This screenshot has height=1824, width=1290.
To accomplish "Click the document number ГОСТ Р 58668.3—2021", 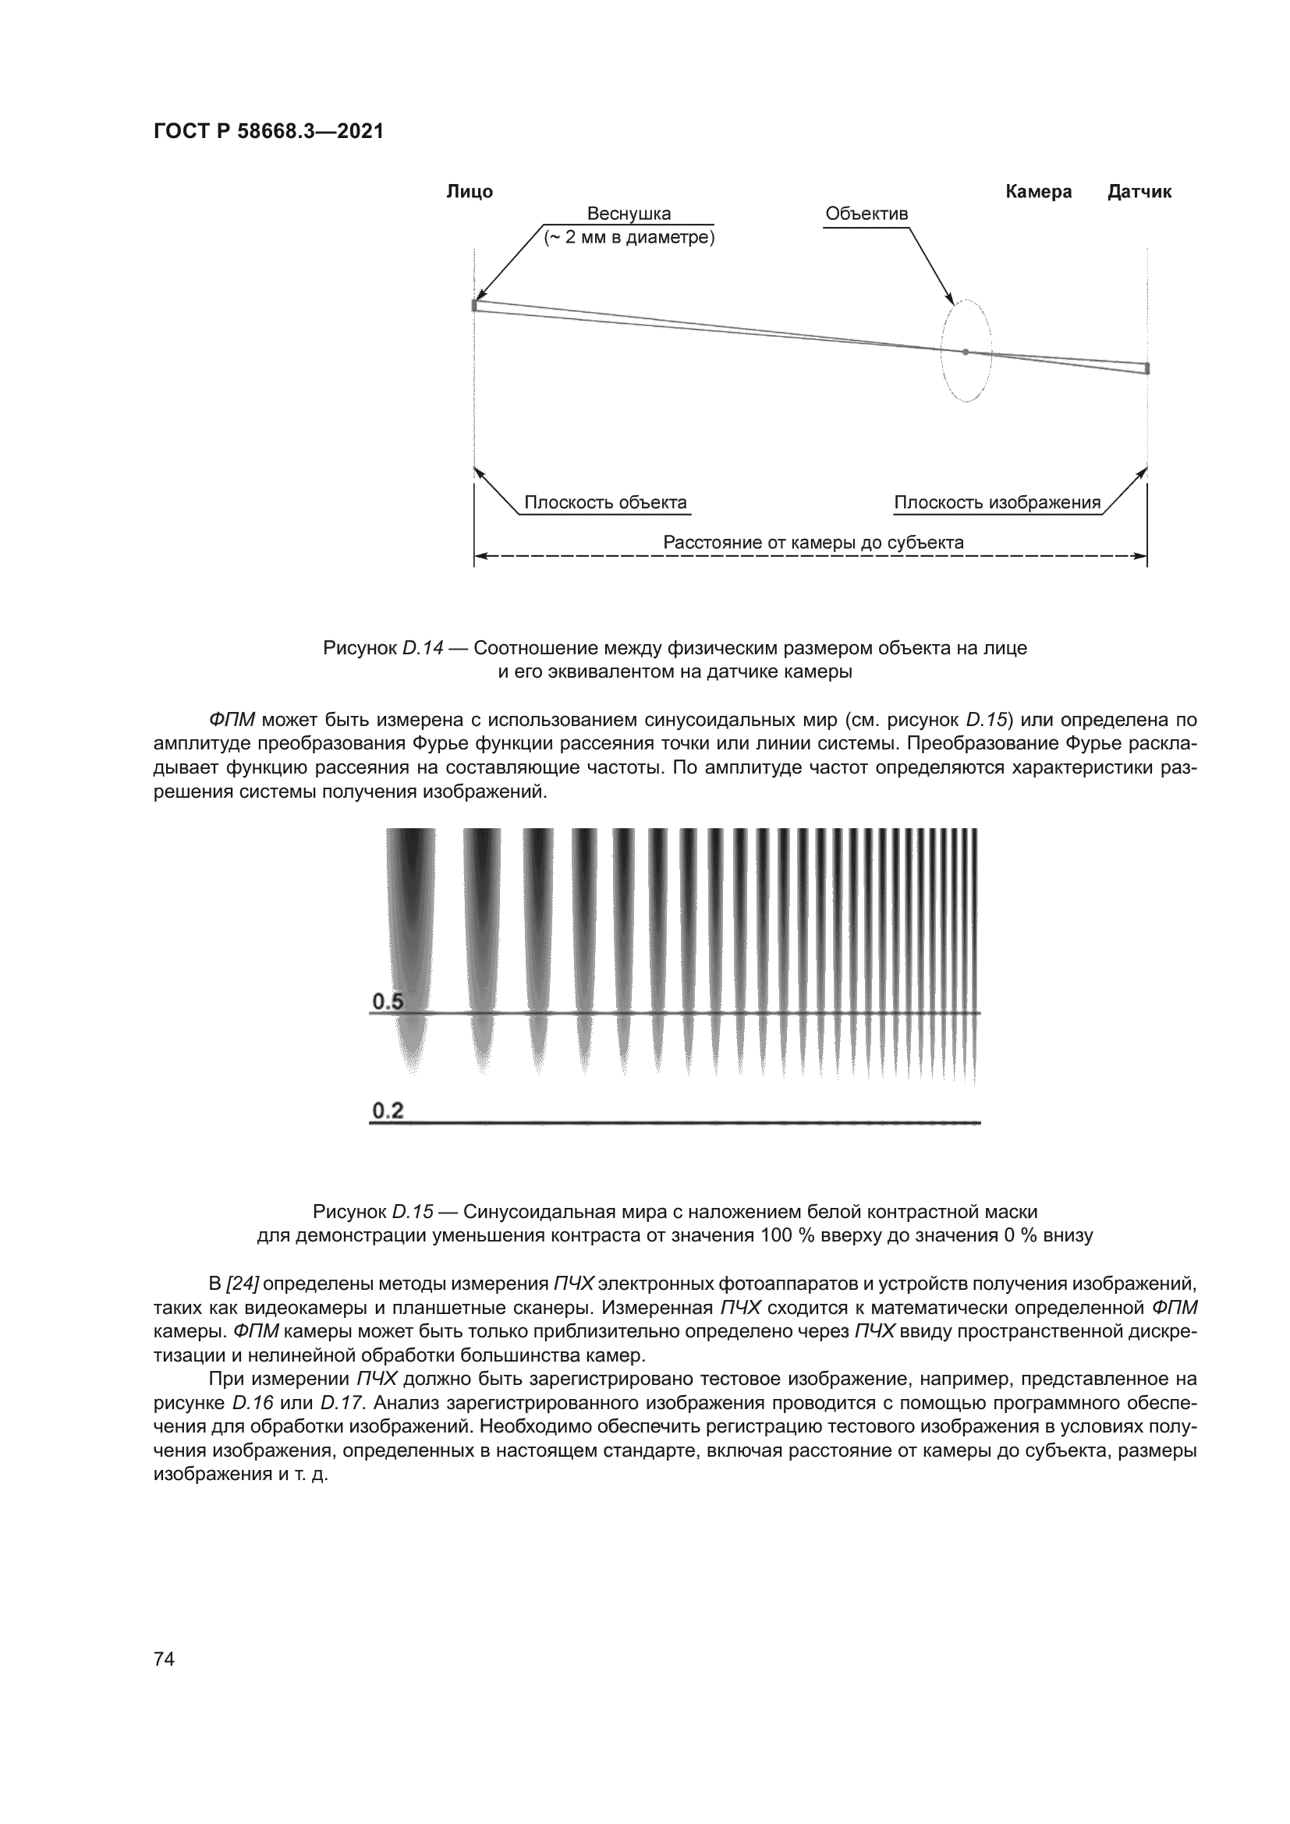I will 268,132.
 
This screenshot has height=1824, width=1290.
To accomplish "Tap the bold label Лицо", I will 470,192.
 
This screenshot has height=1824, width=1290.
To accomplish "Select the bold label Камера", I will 1038,192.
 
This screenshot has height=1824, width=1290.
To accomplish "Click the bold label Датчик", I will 1139,192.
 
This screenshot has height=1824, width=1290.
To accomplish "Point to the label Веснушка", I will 629,214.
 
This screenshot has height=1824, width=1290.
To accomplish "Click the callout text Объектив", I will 866,214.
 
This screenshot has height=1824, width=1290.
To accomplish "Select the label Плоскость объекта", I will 605,502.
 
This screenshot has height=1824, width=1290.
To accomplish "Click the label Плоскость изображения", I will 997,502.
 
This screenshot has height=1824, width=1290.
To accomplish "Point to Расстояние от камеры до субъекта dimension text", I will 813,543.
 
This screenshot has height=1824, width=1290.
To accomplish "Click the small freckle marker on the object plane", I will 474,305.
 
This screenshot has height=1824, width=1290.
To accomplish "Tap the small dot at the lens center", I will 965,351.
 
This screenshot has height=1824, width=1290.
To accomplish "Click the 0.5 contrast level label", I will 388,1002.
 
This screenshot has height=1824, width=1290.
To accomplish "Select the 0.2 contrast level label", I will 388,1110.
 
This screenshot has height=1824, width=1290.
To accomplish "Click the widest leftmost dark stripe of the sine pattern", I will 411,914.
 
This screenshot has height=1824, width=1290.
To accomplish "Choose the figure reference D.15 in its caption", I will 413,1212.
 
